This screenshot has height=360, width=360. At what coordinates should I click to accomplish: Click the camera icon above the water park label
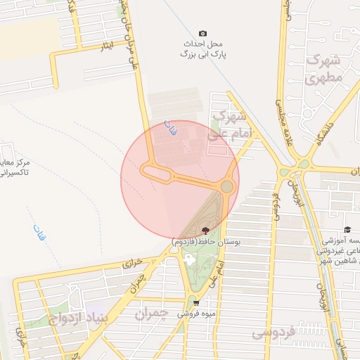point(203,33)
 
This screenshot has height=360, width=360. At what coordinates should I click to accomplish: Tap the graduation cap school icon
point(347,230)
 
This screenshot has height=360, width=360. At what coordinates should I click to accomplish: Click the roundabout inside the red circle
point(227,186)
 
